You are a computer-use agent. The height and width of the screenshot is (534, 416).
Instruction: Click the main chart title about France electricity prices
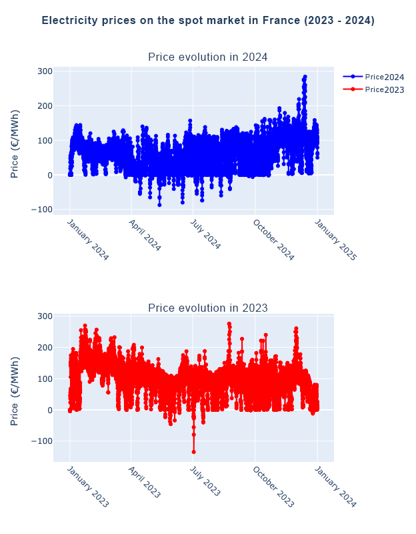[x=208, y=21]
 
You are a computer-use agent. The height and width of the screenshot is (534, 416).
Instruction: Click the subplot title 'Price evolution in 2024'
[x=208, y=57]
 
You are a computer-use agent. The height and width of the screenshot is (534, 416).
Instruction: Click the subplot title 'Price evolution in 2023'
[x=208, y=308]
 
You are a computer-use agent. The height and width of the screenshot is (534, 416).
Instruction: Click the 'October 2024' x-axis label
[x=273, y=240]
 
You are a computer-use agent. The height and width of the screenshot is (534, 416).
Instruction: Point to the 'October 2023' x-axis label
[x=273, y=487]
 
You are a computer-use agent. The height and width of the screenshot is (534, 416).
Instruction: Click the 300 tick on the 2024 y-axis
[x=45, y=71]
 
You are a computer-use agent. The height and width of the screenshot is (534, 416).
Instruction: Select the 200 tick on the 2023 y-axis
[x=45, y=348]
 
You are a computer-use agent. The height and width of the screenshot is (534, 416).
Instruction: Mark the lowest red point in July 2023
[x=194, y=452]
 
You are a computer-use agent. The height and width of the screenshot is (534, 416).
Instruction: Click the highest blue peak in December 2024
[x=305, y=77]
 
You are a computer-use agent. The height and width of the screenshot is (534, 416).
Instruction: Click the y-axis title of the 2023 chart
[x=15, y=390]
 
